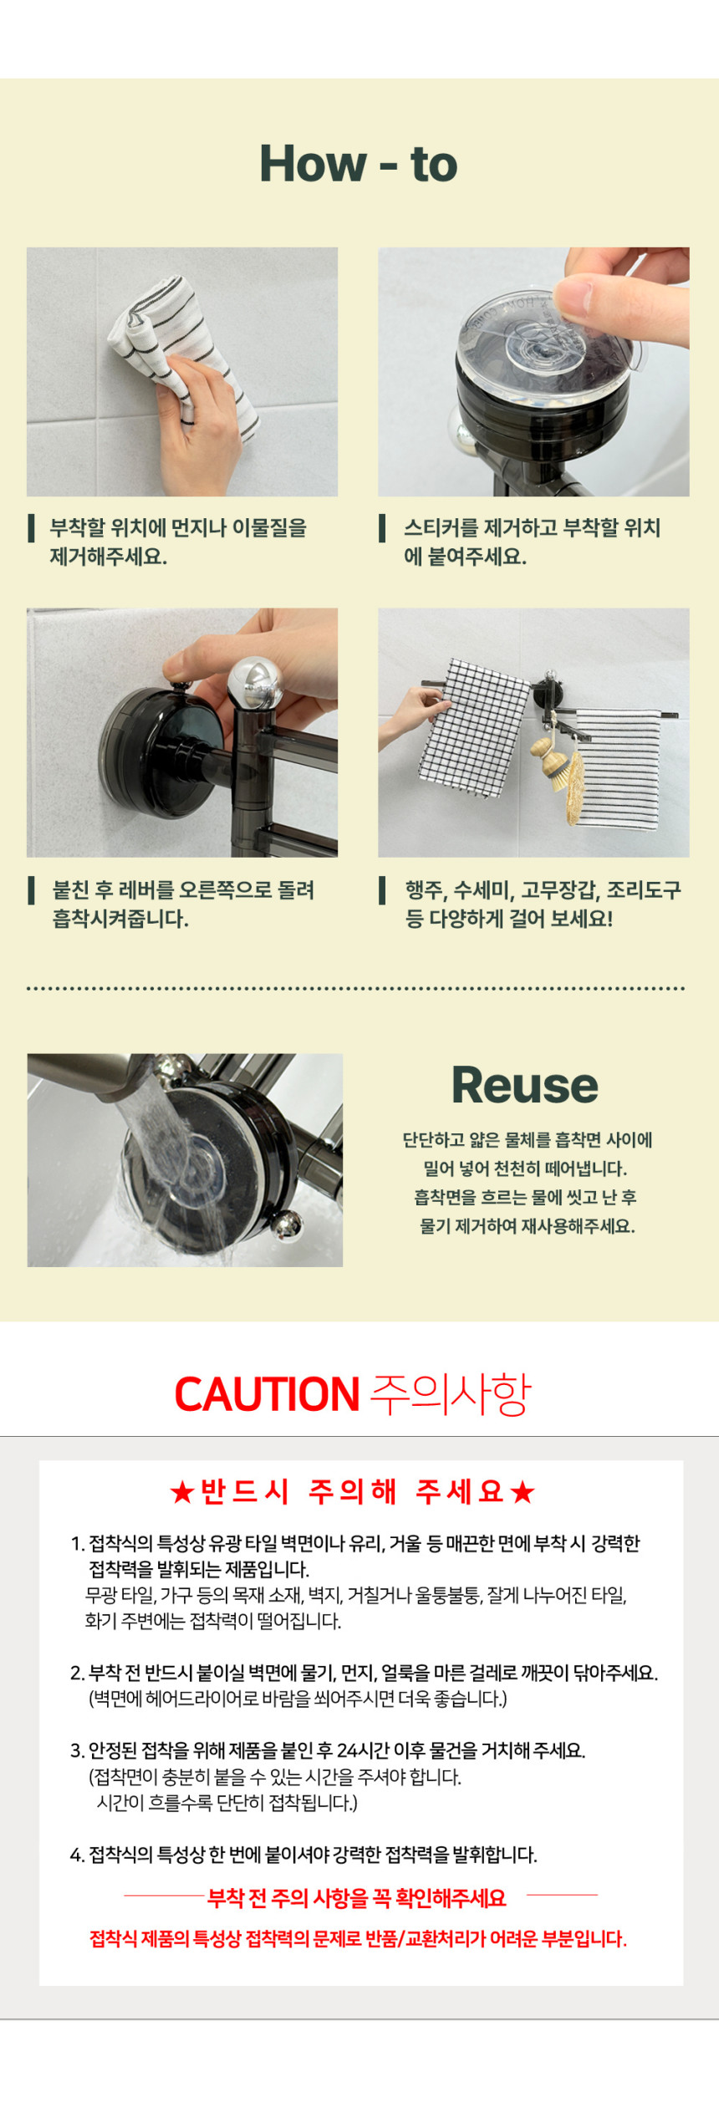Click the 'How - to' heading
[359, 163]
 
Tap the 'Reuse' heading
[525, 1085]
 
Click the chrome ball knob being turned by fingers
[256, 683]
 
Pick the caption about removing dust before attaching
[178, 542]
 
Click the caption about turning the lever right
[183, 904]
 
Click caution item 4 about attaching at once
[303, 1877]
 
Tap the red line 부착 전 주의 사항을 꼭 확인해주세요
[357, 1922]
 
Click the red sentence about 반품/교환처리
[359, 1962]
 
